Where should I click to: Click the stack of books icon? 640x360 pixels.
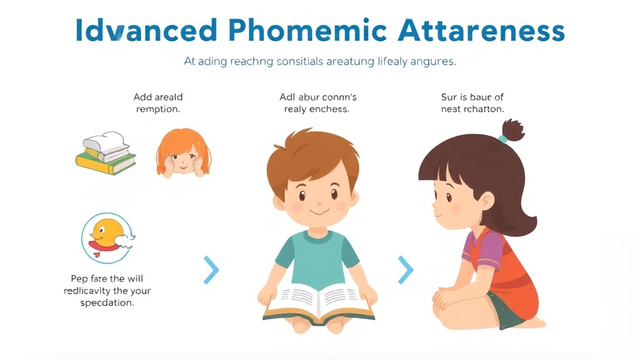click(x=105, y=154)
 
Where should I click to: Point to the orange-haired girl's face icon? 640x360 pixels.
click(x=181, y=154)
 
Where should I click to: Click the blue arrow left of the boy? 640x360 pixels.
click(x=212, y=269)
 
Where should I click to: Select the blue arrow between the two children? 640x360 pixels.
click(x=406, y=269)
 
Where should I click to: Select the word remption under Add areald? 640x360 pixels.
click(x=158, y=109)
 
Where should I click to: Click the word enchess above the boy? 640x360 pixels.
click(x=330, y=109)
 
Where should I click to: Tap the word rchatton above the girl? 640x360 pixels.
click(x=484, y=109)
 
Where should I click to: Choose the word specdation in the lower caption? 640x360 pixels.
click(x=107, y=302)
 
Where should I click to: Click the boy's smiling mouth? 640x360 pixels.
click(x=319, y=211)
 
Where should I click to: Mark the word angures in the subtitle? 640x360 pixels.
click(x=432, y=62)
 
